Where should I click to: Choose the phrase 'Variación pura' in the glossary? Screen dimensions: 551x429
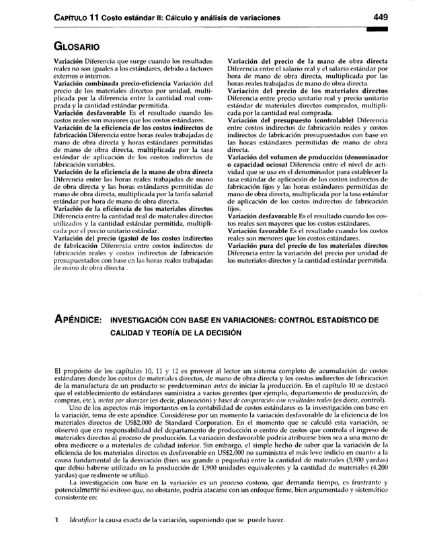256,246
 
